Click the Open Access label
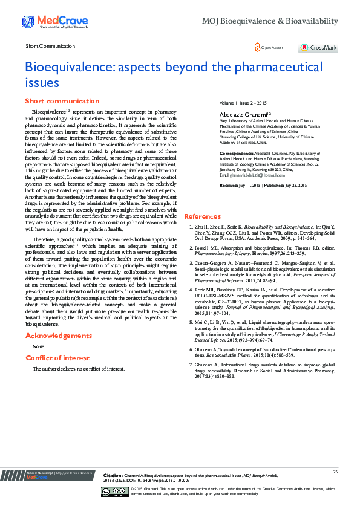point(269,47)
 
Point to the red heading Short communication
point(62,101)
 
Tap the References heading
point(202,216)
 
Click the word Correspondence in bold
point(237,154)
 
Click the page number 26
point(335,471)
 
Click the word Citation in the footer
point(113,475)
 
